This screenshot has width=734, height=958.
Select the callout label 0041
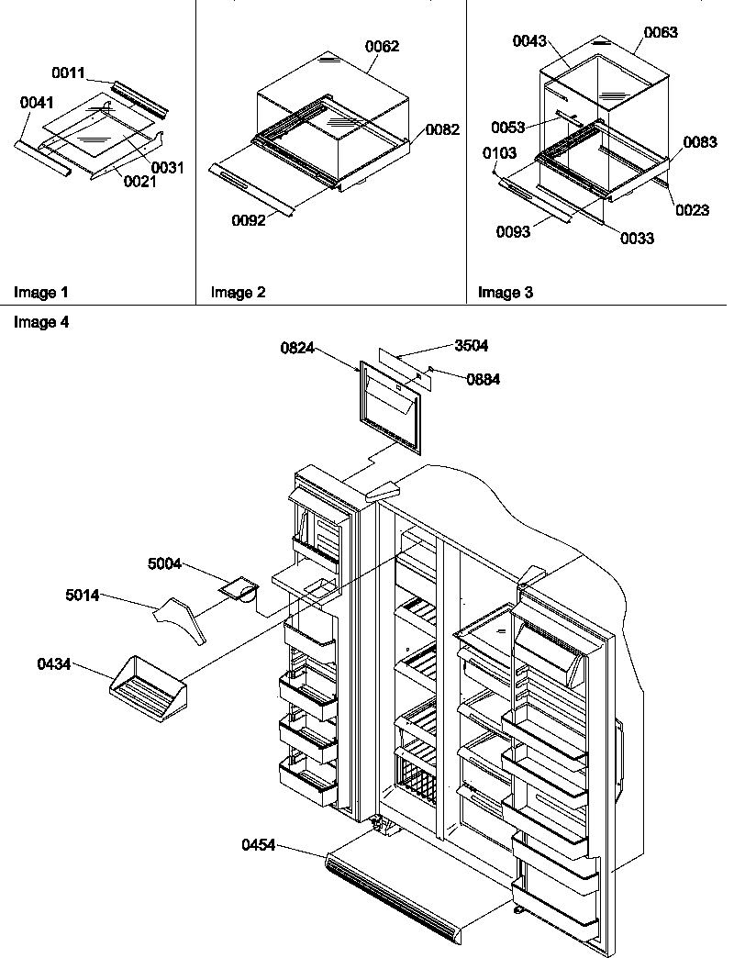[36, 105]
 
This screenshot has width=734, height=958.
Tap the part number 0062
[384, 46]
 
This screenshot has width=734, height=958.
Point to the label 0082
[442, 130]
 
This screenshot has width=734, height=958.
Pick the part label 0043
[529, 41]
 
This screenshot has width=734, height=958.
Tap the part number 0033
[637, 239]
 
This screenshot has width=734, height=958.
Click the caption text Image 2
[238, 294]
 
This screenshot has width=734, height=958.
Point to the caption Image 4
[40, 323]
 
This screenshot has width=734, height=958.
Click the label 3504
[471, 346]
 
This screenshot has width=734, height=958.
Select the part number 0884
[483, 379]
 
